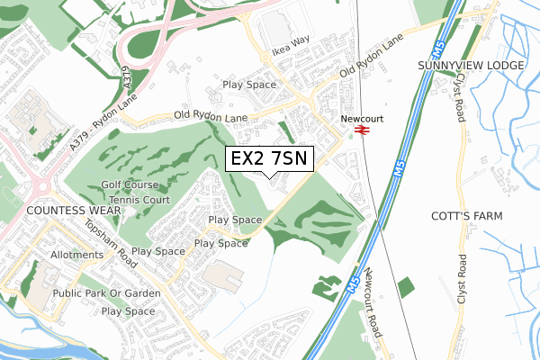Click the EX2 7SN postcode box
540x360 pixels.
[x=269, y=159]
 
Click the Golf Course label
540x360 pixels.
[x=130, y=184]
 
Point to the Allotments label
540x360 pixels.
[x=76, y=255]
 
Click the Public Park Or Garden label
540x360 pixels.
[x=106, y=293]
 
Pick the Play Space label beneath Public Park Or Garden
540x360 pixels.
[x=128, y=311]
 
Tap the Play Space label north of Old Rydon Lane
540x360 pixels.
[x=249, y=85]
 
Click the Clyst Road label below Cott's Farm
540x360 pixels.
[x=462, y=278]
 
